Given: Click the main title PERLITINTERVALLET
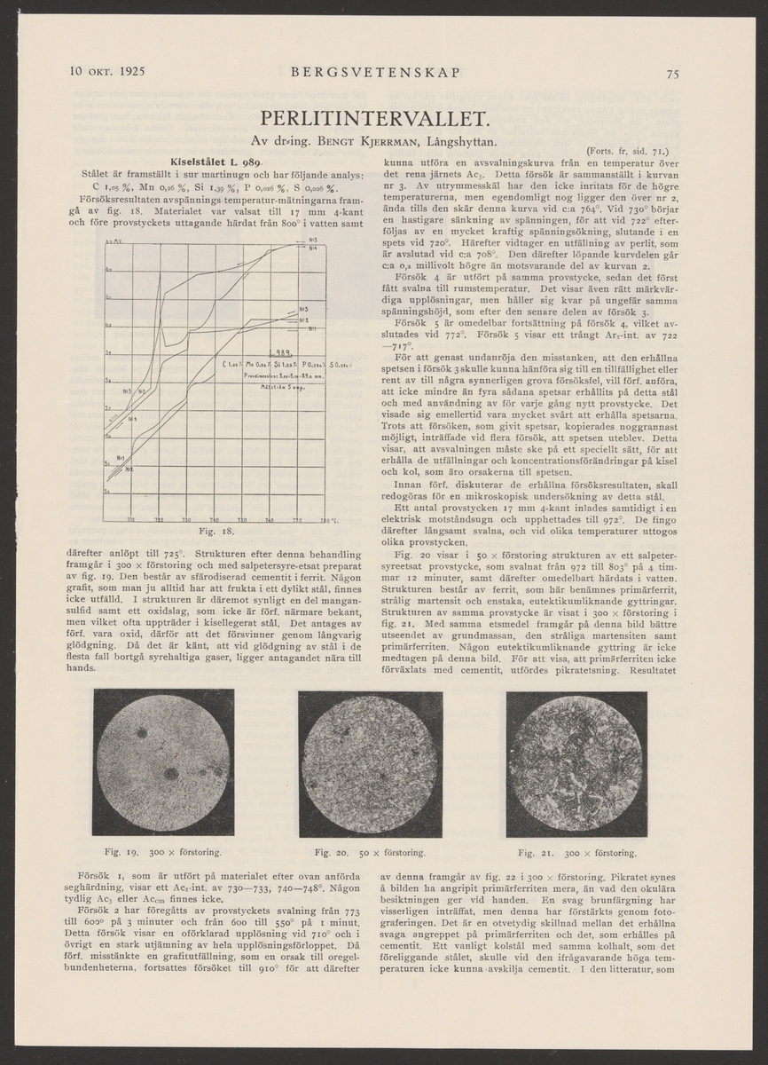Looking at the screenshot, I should (x=383, y=119).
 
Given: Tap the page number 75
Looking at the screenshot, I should (x=673, y=74).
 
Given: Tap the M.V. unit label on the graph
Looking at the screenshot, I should (x=114, y=241).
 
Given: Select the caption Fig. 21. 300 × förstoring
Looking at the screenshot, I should (x=576, y=853).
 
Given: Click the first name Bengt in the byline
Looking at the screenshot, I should (x=310, y=141).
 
